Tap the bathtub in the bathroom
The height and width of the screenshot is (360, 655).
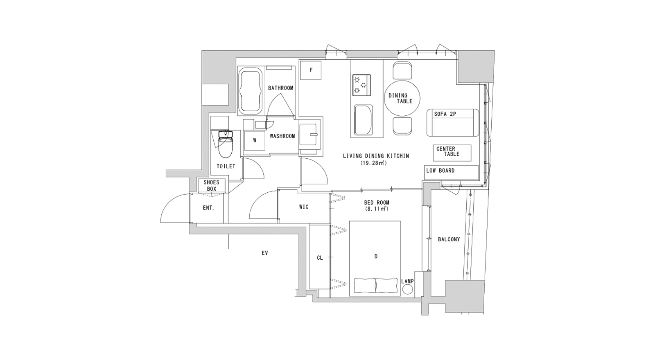click(250, 91)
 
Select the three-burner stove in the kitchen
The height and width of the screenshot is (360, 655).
click(362, 85)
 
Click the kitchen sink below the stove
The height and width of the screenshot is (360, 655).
click(364, 120)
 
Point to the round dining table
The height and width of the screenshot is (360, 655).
click(402, 98)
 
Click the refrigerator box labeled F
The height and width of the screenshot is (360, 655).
click(311, 70)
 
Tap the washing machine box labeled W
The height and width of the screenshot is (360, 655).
click(255, 141)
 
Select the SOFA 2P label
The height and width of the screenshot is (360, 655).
click(445, 114)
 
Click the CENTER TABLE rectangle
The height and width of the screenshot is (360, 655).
click(452, 153)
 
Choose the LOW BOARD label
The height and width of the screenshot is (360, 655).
click(440, 171)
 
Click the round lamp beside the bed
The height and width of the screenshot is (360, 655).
click(408, 290)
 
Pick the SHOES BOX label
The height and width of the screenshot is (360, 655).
click(211, 186)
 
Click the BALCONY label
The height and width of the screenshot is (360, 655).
click(449, 239)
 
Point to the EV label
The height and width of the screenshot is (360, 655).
click(264, 253)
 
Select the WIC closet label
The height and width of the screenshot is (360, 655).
click(304, 207)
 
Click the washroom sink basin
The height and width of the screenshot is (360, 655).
click(307, 135)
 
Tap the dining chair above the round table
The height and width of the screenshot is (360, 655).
click(402, 70)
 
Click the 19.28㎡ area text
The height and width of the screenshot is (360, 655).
click(374, 163)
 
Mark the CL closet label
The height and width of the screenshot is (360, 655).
click(320, 258)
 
